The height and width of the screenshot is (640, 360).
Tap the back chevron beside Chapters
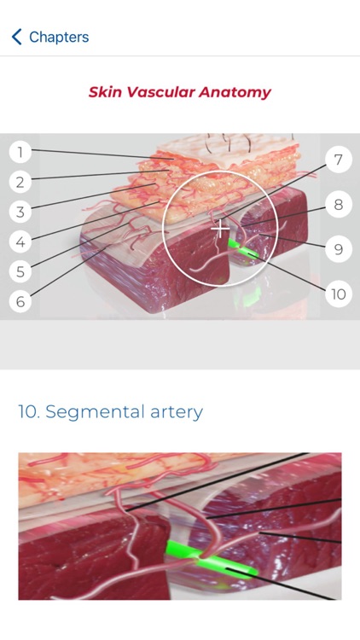click(16, 37)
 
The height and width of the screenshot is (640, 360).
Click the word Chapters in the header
click(59, 38)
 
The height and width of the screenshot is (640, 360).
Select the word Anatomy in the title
click(235, 93)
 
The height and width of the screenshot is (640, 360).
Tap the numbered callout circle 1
click(20, 152)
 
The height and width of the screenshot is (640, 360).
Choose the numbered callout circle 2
click(20, 182)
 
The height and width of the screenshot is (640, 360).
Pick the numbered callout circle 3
click(20, 212)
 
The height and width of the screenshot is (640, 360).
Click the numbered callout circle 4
click(20, 241)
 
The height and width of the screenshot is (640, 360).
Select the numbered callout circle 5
click(20, 271)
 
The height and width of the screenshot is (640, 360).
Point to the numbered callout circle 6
click(20, 301)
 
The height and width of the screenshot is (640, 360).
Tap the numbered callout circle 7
click(339, 160)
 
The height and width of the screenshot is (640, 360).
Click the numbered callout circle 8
click(339, 204)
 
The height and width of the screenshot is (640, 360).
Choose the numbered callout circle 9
click(339, 249)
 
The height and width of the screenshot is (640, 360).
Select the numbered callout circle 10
click(339, 294)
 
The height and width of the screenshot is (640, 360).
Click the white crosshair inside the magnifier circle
click(220, 229)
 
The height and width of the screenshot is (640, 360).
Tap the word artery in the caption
click(177, 412)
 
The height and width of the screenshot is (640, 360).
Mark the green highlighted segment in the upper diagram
click(242, 250)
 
